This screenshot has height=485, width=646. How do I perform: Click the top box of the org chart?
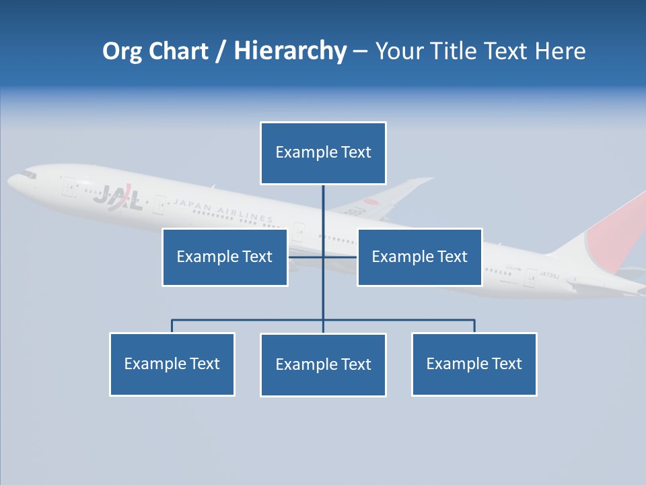pos(323,153)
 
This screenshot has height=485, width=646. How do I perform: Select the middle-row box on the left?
pos(225,257)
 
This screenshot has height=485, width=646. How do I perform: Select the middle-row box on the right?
pos(419,257)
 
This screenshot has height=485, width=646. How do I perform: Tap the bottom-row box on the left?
pos(172,364)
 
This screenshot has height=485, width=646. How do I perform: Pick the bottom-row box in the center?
pos(323,364)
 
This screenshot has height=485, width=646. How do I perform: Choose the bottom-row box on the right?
pos(474,364)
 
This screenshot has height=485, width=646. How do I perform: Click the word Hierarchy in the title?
pos(290,51)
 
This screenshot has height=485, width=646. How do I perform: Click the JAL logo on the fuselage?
pos(118,197)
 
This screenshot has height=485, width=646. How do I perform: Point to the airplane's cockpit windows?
pos(27,174)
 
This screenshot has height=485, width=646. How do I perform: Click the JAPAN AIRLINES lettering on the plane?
pos(222,210)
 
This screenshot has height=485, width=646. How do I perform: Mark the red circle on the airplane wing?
pos(371,202)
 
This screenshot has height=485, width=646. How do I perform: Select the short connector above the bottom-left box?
pos(172,326)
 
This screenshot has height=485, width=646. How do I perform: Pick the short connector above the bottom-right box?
pos(474,326)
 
